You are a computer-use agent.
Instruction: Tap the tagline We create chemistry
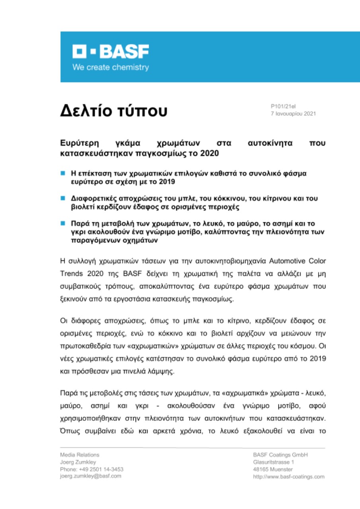pos(111,68)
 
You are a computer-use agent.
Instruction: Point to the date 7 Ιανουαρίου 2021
pos(293,114)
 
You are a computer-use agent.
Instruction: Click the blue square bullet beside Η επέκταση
pos(62,174)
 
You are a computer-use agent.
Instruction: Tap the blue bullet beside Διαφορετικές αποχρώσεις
pos(62,198)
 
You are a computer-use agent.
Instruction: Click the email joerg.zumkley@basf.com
pos(91,476)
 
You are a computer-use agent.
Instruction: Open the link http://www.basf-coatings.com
pos(289,476)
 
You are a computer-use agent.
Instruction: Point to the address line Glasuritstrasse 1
pos(273,462)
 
